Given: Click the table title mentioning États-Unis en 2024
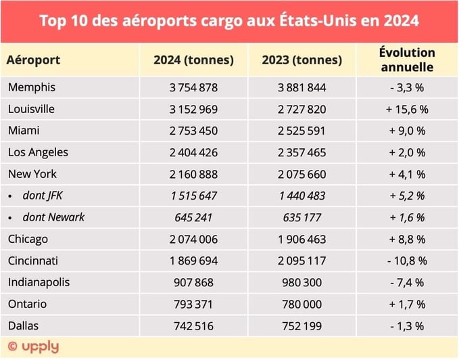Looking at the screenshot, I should coord(229,20).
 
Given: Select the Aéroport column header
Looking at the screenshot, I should coord(33,60).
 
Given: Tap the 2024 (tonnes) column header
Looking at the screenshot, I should coord(193,60).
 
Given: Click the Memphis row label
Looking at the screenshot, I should coord(31,87).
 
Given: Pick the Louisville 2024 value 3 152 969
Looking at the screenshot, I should coord(193,109).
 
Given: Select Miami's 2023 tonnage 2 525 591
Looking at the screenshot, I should coord(301,131).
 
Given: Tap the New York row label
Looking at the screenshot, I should coord(33,174).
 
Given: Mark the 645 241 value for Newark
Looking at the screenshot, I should coord(193,217).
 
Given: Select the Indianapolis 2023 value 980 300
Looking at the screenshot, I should coord(301,282).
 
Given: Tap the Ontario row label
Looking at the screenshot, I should coord(28,304).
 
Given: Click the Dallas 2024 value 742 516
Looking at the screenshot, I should coord(193,325).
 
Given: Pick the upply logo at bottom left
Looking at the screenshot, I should coord(33,347).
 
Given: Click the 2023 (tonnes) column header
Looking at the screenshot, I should coord(301,60).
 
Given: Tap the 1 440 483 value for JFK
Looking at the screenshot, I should coord(301,196).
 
